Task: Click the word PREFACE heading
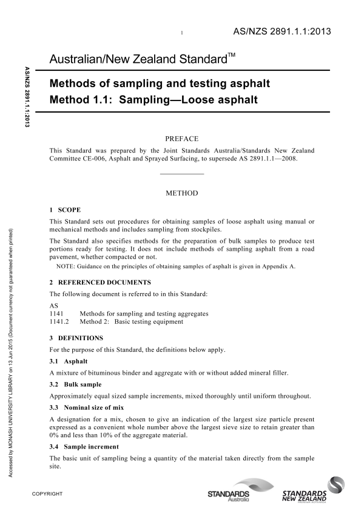[x=182, y=139]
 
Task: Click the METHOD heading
[x=182, y=194]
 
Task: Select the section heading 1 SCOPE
[x=65, y=209]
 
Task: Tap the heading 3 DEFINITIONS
[x=76, y=337]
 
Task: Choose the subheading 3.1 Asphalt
[x=69, y=361]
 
